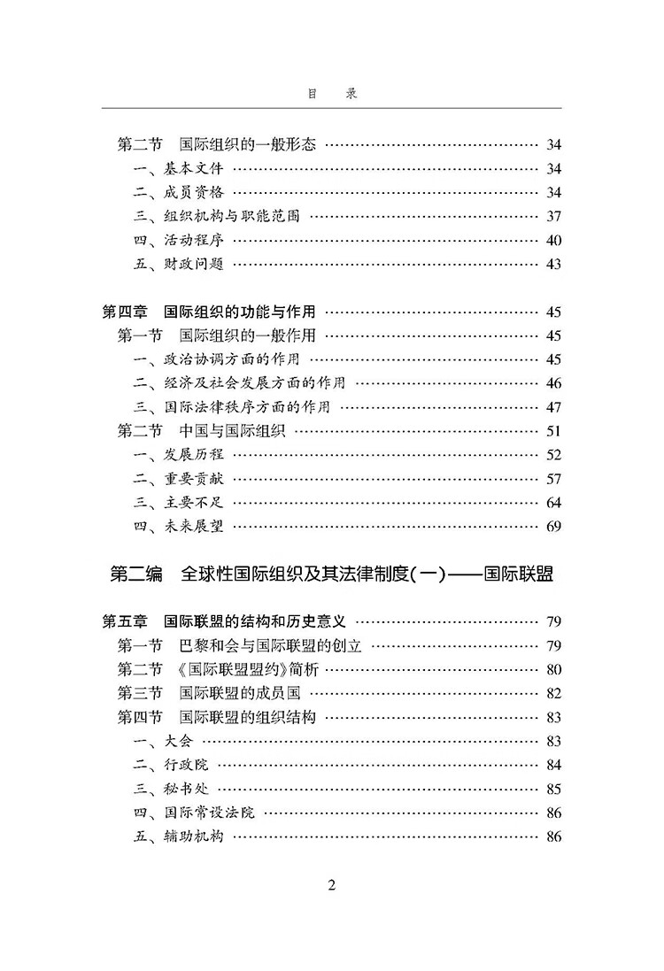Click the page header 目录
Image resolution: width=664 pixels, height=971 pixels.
[332, 94]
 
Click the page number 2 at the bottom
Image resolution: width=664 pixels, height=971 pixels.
[332, 886]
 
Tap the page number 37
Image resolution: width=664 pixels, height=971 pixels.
[554, 216]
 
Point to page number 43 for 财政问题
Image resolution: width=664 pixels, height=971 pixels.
[554, 264]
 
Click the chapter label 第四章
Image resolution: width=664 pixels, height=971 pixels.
[125, 312]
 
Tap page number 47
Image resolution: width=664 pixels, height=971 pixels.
[554, 407]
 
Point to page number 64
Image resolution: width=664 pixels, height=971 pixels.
[554, 503]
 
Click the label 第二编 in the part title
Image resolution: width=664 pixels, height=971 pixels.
[136, 574]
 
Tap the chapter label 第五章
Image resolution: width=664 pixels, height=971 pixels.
[125, 621]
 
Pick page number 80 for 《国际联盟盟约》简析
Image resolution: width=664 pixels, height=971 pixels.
[554, 669]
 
